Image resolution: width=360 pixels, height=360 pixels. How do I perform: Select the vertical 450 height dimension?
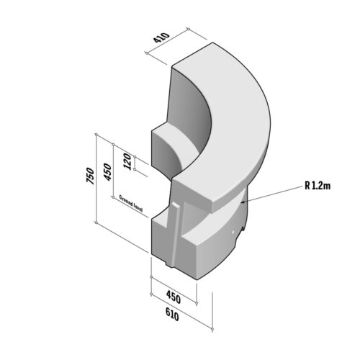(108, 172)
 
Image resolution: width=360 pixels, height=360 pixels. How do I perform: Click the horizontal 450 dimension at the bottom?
(173, 297)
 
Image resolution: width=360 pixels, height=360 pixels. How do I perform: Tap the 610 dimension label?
(172, 315)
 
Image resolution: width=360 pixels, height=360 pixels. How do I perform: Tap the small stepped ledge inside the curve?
(176, 140)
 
